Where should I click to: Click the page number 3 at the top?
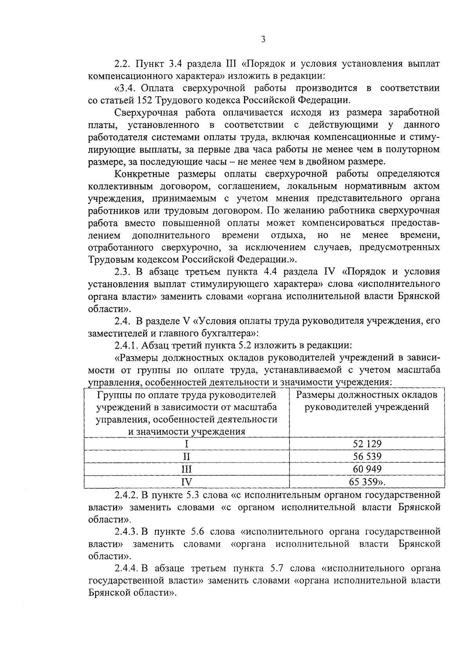click(x=263, y=40)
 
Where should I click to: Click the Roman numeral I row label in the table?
click(x=186, y=444)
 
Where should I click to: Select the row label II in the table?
click(x=186, y=456)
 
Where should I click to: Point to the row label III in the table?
click(x=186, y=469)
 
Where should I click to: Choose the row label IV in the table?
click(x=186, y=482)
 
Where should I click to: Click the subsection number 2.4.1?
click(x=127, y=346)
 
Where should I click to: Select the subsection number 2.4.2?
click(x=127, y=495)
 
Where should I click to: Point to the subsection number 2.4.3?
click(x=127, y=532)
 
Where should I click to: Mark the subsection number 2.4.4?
click(x=127, y=568)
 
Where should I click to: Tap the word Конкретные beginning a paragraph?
click(x=141, y=174)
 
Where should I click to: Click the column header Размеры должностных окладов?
click(x=367, y=394)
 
